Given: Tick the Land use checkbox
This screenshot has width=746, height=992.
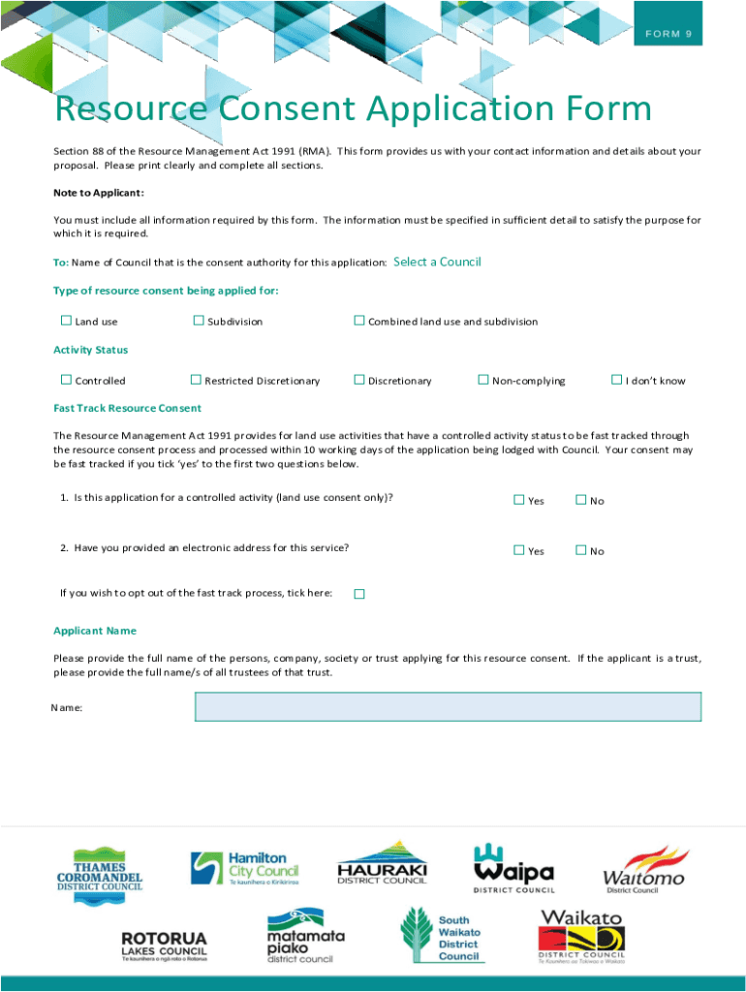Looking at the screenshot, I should [66, 321].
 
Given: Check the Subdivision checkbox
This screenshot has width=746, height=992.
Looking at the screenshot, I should [199, 321].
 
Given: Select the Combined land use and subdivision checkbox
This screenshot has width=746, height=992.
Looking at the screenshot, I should [358, 321].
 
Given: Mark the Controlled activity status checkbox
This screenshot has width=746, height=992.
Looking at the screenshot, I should [66, 380].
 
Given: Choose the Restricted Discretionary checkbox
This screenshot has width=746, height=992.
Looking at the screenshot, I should [196, 380].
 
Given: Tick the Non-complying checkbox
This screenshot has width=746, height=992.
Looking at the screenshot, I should [483, 380].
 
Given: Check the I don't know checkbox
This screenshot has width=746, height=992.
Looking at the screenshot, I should [615, 380].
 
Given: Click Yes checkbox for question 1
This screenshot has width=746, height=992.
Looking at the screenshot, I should [518, 500].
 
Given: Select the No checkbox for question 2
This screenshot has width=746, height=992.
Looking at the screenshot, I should [580, 550].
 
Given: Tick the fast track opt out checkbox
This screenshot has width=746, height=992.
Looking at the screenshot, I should [358, 593].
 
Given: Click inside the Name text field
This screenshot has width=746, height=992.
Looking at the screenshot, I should [448, 706].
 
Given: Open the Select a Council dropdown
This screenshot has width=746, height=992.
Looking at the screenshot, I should [437, 262].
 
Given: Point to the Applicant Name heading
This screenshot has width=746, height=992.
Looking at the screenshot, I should [95, 631].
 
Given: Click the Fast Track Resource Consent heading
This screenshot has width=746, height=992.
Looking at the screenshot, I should [128, 408].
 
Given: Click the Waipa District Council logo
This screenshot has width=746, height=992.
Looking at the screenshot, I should [513, 867].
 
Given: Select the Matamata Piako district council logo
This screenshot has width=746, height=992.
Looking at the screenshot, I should [305, 936].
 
